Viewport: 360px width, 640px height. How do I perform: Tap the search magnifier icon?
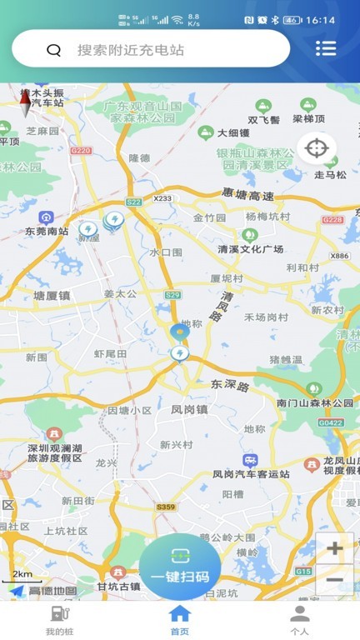54,50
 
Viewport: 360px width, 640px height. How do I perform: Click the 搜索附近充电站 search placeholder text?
131,50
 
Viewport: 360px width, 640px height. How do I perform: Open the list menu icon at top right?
326,48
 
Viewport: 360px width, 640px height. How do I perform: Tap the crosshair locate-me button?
317,149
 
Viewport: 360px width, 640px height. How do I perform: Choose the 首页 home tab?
180,620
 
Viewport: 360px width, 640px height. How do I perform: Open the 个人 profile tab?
299,620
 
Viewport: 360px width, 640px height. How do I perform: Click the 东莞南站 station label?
47,231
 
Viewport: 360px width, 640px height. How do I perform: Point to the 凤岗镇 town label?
187,410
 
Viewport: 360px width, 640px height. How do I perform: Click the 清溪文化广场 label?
251,248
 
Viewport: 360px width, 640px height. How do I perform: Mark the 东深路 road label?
230,386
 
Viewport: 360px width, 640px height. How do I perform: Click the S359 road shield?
166,507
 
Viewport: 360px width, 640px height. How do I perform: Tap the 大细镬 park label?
233,132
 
